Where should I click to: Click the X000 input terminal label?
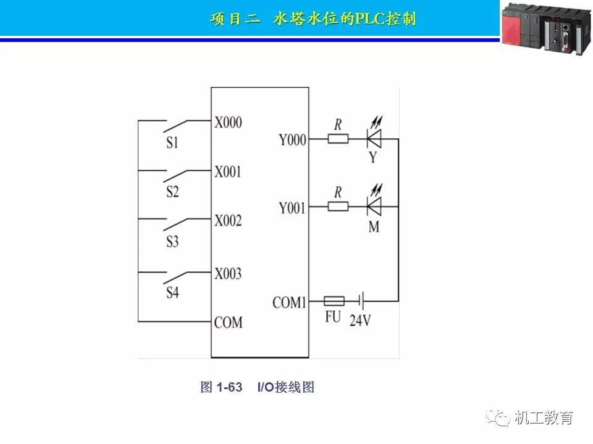pyautogui.click(x=228, y=122)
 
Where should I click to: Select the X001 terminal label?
pyautogui.click(x=228, y=171)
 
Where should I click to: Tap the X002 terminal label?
pyautogui.click(x=228, y=221)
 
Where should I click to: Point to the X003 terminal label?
pyautogui.click(x=228, y=273)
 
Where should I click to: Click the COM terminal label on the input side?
pyautogui.click(x=228, y=322)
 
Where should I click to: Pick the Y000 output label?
pyautogui.click(x=292, y=141)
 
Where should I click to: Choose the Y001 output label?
pyautogui.click(x=292, y=208)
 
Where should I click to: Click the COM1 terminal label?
pyautogui.click(x=289, y=303)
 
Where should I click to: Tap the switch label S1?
pyautogui.click(x=172, y=143)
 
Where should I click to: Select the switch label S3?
pyautogui.click(x=172, y=242)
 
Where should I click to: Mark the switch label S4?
pyautogui.click(x=172, y=293)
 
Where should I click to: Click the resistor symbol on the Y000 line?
pyautogui.click(x=338, y=139)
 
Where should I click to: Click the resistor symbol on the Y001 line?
pyautogui.click(x=338, y=207)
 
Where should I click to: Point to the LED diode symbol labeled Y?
pyautogui.click(x=374, y=139)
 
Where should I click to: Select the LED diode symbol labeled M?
pyautogui.click(x=374, y=206)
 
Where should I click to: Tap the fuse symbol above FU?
pyautogui.click(x=334, y=302)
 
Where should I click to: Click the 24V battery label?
pyautogui.click(x=360, y=321)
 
